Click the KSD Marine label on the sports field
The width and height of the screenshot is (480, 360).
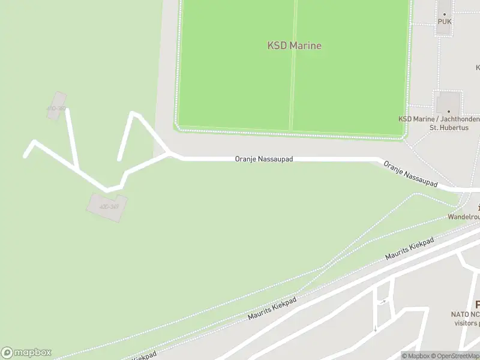click(x=294, y=46)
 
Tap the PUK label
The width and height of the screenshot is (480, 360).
click(x=445, y=22)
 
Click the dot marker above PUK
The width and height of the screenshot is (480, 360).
click(x=445, y=13)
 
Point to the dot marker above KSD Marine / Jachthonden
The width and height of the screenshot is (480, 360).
click(x=448, y=111)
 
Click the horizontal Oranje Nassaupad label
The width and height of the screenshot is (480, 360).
click(x=263, y=160)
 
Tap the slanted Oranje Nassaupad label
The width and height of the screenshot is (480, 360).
click(x=410, y=174)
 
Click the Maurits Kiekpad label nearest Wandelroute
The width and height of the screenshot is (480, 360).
click(x=409, y=249)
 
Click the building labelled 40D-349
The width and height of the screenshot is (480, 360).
click(x=107, y=206)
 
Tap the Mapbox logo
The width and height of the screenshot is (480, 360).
click(x=26, y=353)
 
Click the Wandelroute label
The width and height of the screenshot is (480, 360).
click(x=464, y=217)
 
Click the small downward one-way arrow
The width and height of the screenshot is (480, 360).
click(x=376, y=328)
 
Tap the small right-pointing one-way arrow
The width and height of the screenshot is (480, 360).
click(x=383, y=301)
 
